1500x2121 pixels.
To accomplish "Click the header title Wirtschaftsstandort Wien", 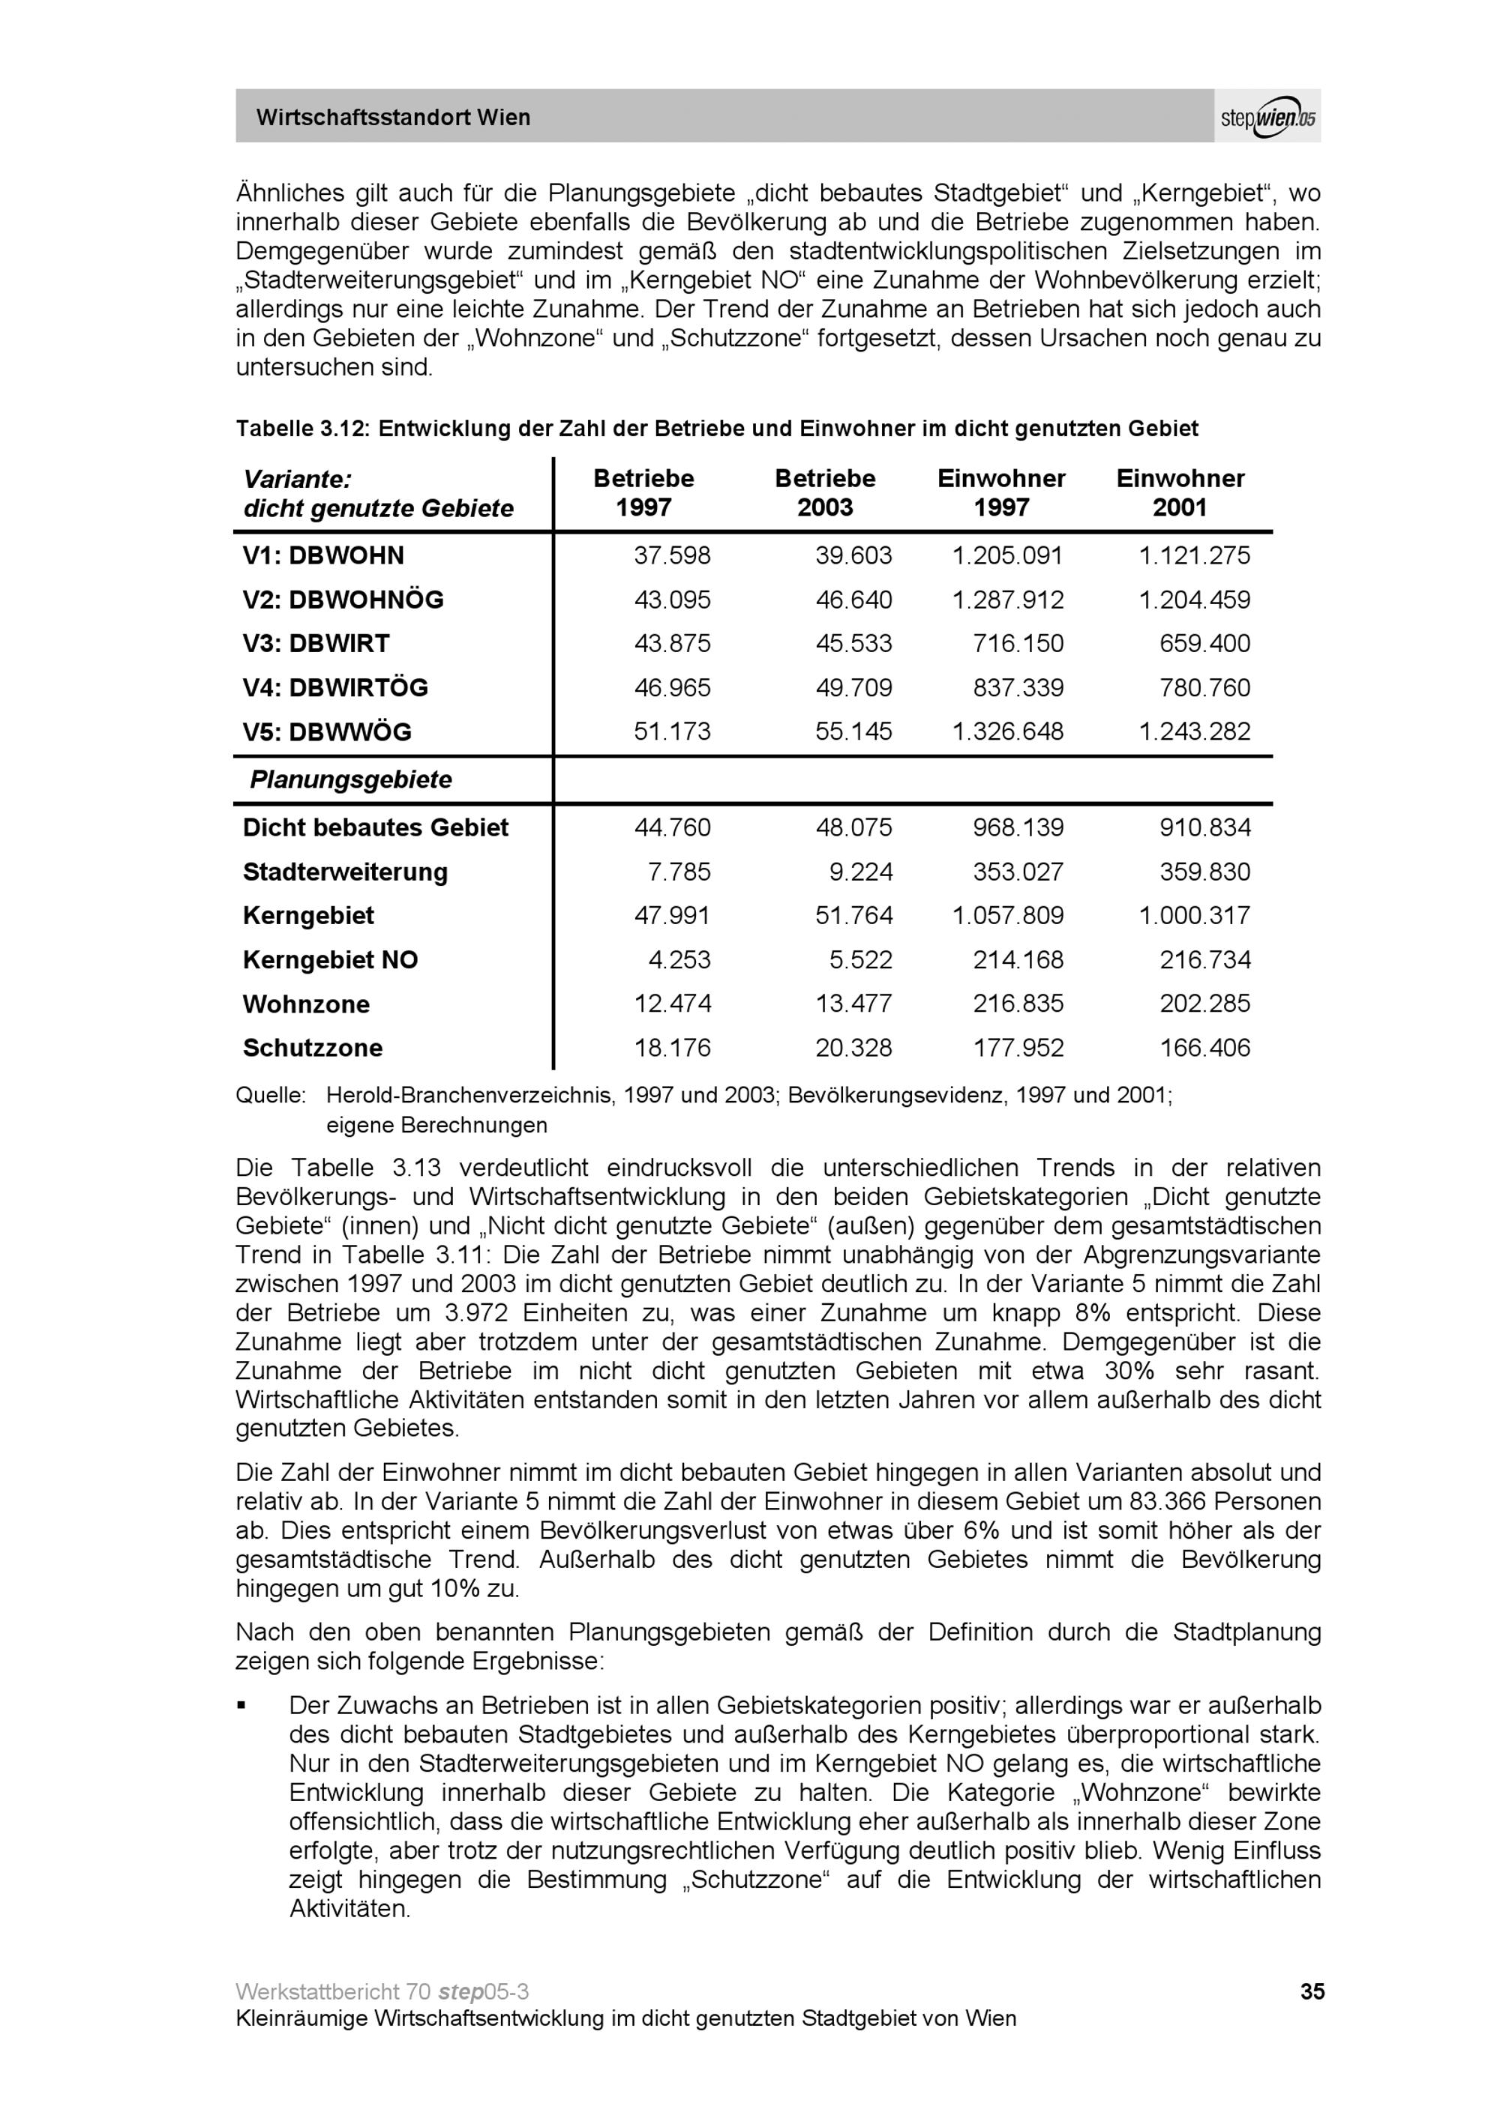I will (x=393, y=118).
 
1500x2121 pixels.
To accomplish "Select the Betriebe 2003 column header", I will (x=824, y=492).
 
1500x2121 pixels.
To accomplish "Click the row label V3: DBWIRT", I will (x=316, y=644).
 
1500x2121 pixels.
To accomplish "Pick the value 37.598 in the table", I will (x=672, y=556).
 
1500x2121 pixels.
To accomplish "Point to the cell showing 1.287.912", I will (x=1007, y=600).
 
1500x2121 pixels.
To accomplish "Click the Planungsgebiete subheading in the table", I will (x=350, y=779).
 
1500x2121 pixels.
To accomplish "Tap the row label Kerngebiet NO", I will (x=330, y=961).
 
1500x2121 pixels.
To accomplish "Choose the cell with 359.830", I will (x=1204, y=872).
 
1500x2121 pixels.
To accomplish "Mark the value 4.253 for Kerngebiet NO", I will (x=679, y=961).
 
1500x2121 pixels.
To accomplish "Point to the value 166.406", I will (x=1204, y=1049).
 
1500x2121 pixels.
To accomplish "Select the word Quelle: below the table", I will (x=270, y=1096).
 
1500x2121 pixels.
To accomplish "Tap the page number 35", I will (x=1312, y=1991).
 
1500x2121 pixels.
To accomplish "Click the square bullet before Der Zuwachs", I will (x=242, y=1704).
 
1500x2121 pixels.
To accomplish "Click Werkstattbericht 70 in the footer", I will (x=333, y=1991).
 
